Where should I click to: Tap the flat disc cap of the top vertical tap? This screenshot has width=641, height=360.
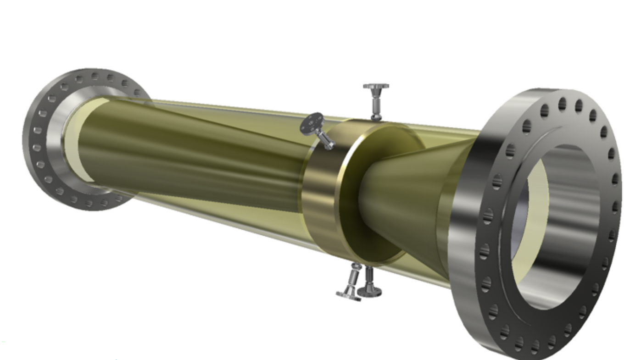[376, 86]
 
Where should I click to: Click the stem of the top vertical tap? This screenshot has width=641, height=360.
[376, 103]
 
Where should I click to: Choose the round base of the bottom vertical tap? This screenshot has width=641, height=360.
[369, 291]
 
